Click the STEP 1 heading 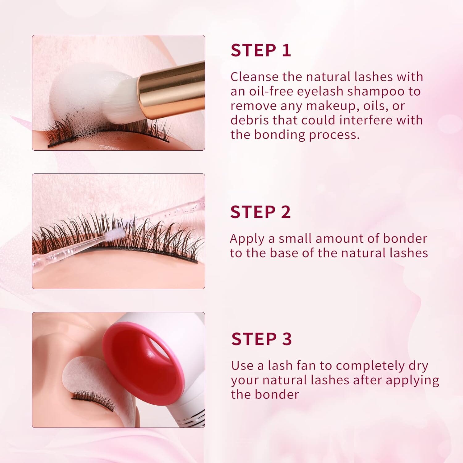(261, 50)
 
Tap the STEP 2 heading (261, 212)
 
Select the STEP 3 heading (261, 339)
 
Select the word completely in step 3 (370, 366)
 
